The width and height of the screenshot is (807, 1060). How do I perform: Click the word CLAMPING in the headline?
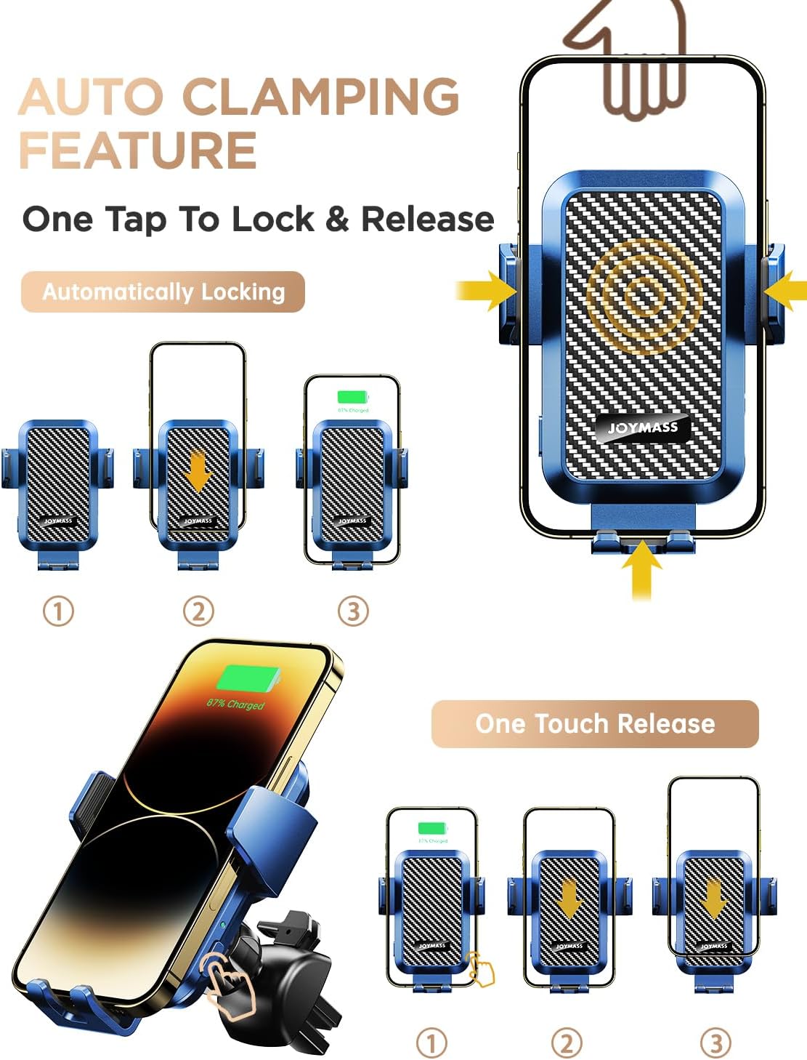click(320, 96)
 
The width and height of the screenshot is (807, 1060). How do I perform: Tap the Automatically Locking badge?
click(163, 292)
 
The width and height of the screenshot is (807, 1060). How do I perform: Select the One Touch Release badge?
click(595, 723)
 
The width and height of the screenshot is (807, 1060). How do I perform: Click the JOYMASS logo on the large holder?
click(642, 427)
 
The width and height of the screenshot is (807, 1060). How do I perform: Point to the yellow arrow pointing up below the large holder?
click(641, 571)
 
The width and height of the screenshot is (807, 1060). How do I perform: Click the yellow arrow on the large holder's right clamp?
click(787, 290)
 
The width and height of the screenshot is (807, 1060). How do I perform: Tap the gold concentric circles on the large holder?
click(641, 294)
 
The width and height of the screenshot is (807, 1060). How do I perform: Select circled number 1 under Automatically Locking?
click(58, 611)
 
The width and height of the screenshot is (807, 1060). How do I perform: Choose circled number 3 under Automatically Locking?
click(353, 611)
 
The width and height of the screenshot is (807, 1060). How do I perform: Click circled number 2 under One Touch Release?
click(567, 1043)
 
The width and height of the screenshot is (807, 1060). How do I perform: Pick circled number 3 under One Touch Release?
click(715, 1043)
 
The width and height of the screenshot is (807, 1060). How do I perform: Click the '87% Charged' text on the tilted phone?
click(235, 704)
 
